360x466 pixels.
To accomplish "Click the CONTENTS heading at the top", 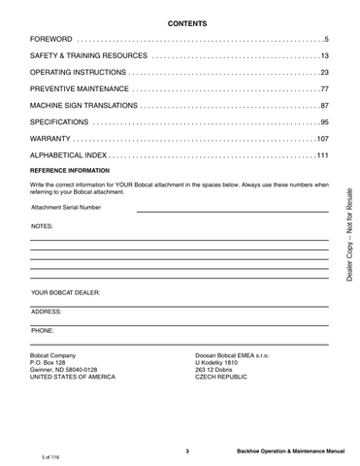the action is (180, 22).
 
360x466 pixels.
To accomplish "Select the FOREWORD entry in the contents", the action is (53, 39).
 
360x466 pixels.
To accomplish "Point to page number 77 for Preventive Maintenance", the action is (324, 89).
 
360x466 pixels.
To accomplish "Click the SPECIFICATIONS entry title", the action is (60, 122).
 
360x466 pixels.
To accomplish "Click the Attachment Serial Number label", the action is (65, 207).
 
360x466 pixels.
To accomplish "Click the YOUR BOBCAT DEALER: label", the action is (65, 291).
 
